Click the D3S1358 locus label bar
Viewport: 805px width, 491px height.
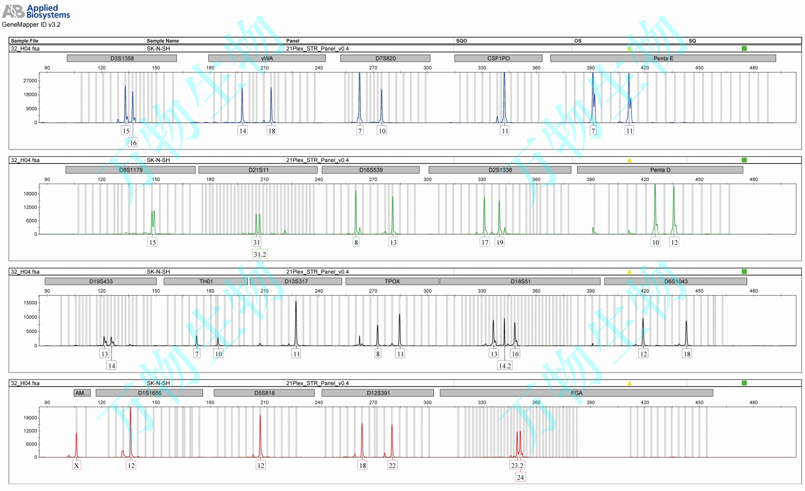pyautogui.click(x=122, y=58)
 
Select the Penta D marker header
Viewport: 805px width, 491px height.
pyautogui.click(x=660, y=170)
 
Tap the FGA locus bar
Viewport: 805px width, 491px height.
pyautogui.click(x=576, y=393)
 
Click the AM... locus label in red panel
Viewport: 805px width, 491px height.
pyautogui.click(x=82, y=393)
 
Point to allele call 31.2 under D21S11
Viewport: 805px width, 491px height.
pyautogui.click(x=260, y=254)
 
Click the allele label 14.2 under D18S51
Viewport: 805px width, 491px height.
pyautogui.click(x=505, y=366)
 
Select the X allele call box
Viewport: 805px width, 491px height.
pyautogui.click(x=77, y=465)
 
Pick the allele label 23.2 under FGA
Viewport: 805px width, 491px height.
pyautogui.click(x=517, y=465)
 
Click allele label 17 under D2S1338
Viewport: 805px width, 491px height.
pyautogui.click(x=485, y=242)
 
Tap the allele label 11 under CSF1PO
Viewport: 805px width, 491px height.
pyautogui.click(x=505, y=131)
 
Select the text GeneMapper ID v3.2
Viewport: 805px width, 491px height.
pyautogui.click(x=31, y=25)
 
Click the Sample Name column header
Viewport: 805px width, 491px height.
pyautogui.click(x=163, y=41)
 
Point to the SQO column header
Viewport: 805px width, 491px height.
pyautogui.click(x=461, y=41)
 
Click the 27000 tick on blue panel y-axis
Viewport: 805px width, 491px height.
pyautogui.click(x=30, y=81)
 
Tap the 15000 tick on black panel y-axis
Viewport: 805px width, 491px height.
pyautogui.click(x=30, y=303)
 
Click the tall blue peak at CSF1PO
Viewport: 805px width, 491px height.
pyautogui.click(x=504, y=95)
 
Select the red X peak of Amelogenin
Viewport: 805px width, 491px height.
pyautogui.click(x=76, y=442)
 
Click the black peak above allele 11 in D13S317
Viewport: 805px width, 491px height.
pyautogui.click(x=296, y=321)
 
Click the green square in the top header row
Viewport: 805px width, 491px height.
pyautogui.click(x=744, y=48)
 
